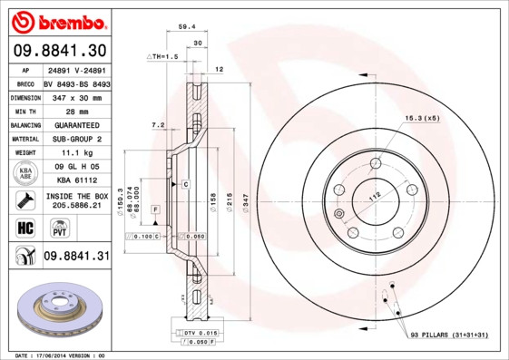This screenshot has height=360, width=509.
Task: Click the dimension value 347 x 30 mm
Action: point(75,95)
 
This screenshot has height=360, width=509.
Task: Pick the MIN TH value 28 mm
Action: point(75,110)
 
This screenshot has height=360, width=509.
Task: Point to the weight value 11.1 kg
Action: point(75,153)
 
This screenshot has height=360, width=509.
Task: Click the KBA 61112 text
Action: point(75,181)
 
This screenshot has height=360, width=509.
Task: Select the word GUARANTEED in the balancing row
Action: point(75,124)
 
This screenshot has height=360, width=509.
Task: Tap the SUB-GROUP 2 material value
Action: point(75,139)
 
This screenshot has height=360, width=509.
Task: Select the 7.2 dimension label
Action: point(157,124)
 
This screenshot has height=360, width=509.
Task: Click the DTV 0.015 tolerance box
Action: point(191,334)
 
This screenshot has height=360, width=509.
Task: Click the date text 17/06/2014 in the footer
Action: point(59,355)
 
